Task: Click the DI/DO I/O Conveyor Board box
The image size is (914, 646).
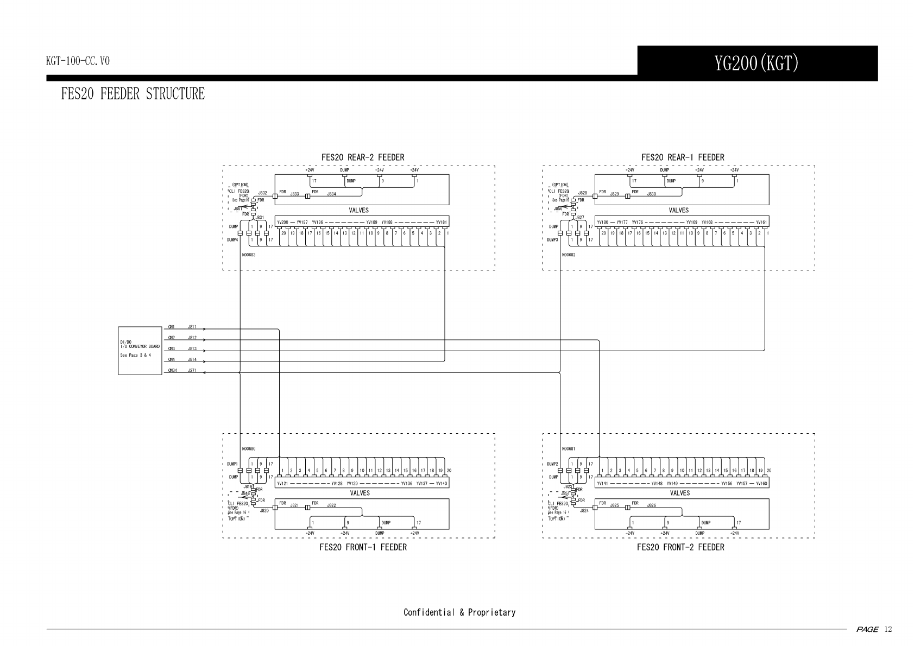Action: click(x=140, y=351)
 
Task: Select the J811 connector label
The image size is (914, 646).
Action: click(x=192, y=327)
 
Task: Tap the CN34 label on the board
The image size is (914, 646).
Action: click(x=172, y=370)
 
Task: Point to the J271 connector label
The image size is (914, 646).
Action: click(x=192, y=370)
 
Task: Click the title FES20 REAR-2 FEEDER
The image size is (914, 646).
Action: click(x=362, y=157)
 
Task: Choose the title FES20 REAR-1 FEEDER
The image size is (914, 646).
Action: click(x=683, y=157)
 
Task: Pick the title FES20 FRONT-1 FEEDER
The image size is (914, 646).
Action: click(x=363, y=547)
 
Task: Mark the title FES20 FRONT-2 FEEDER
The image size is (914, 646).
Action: click(x=680, y=547)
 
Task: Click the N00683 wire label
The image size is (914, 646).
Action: click(x=249, y=254)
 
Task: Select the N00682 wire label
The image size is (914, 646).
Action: click(x=569, y=254)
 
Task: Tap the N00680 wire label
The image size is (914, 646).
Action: click(x=249, y=449)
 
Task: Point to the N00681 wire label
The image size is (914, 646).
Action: click(x=569, y=449)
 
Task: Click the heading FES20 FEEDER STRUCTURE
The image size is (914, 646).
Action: click(x=133, y=94)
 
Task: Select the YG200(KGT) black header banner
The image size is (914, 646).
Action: click(x=757, y=64)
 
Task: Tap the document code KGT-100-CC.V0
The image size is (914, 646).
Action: click(x=78, y=61)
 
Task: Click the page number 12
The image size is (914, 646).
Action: click(x=888, y=630)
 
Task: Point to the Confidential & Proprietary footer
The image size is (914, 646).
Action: click(x=459, y=612)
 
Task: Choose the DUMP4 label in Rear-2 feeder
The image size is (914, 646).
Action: click(x=232, y=239)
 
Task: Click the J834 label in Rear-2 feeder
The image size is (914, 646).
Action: click(x=331, y=194)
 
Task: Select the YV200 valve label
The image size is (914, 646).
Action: click(x=282, y=222)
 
